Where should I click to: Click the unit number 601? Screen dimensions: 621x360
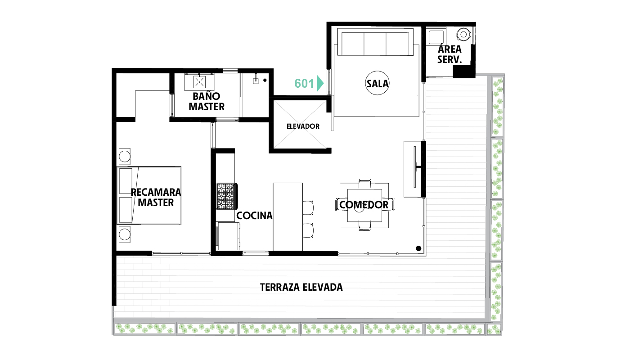(x=304, y=83)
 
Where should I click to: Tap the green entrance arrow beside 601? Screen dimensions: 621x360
(x=320, y=83)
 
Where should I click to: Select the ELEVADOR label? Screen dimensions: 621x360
(x=303, y=126)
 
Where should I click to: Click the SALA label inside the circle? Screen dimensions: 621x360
(x=377, y=83)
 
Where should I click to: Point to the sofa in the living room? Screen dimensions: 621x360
(x=375, y=44)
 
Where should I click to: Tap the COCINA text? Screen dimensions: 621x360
(x=254, y=216)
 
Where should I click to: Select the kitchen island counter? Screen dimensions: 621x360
(x=288, y=217)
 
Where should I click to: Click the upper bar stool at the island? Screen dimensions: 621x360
(x=308, y=207)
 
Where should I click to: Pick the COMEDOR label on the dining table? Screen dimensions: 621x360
(x=364, y=205)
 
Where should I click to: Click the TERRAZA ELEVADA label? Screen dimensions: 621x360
(x=301, y=288)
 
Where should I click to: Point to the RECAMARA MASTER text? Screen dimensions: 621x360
(x=156, y=197)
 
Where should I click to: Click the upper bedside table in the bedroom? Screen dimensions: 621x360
(x=125, y=157)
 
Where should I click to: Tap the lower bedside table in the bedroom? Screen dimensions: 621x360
(x=125, y=234)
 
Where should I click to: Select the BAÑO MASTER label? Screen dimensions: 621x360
(x=207, y=101)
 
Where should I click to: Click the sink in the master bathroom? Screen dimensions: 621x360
(x=199, y=82)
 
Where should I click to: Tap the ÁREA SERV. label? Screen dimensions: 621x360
(x=450, y=54)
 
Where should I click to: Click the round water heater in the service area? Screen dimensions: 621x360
(x=463, y=35)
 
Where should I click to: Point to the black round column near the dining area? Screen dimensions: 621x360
(x=418, y=248)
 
